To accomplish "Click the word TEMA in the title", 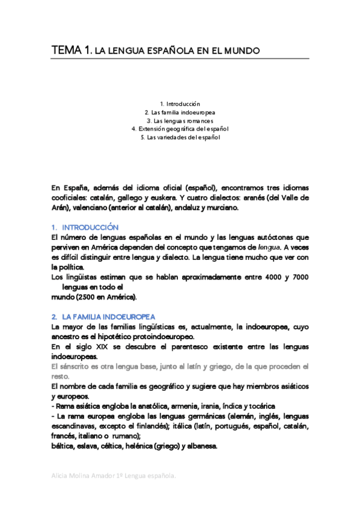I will click(64, 51).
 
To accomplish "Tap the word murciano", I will click(222, 207).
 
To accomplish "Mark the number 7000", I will click(297, 277).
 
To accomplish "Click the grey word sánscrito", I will click(72, 366).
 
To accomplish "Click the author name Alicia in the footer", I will click(61, 476).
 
